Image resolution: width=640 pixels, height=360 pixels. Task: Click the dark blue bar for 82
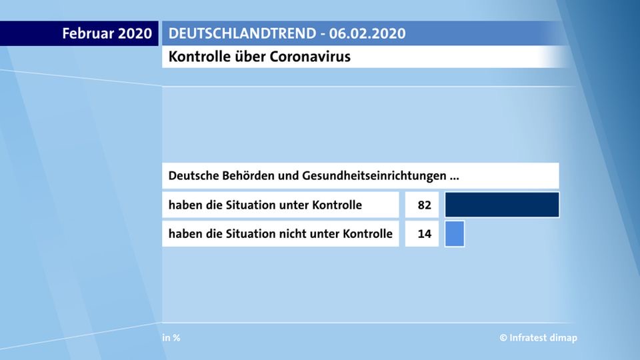[502, 205]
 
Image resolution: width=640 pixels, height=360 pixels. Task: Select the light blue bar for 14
[455, 234]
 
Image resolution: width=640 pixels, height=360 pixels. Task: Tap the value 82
[425, 205]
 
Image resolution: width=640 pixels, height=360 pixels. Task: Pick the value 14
[425, 235]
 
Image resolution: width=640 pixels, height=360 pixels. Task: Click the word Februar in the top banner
[87, 33]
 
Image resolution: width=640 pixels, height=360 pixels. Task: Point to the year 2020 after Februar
[134, 33]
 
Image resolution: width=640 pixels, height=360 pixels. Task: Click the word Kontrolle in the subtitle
[196, 57]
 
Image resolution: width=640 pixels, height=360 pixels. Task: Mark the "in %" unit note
[171, 337]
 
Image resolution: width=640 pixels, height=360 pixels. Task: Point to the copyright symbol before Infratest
[503, 337]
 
